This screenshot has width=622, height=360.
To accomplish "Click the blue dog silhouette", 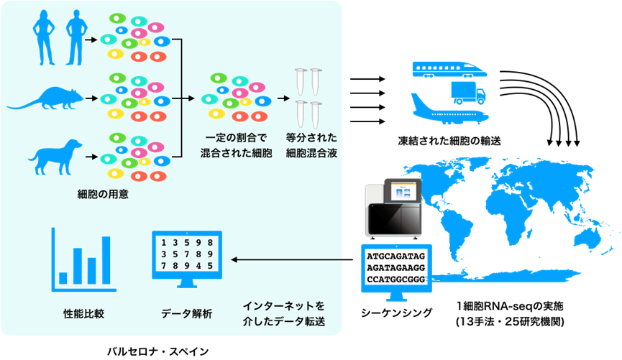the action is pyautogui.click(x=55, y=157).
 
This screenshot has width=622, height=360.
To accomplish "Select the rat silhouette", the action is pyautogui.click(x=45, y=98).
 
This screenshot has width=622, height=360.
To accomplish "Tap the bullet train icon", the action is pyautogui.click(x=450, y=69).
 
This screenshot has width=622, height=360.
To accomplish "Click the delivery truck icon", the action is pyautogui.click(x=468, y=93).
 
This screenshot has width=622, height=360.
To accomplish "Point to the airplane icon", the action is pyautogui.click(x=450, y=109).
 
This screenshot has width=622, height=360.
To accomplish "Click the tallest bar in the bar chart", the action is pyautogui.click(x=106, y=260).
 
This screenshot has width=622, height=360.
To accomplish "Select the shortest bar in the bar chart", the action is pyautogui.click(x=63, y=278).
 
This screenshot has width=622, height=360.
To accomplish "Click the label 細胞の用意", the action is pyautogui.click(x=103, y=194).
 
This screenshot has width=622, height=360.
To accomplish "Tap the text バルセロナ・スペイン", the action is pyautogui.click(x=158, y=351).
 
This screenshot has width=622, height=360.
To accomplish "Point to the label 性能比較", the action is pyautogui.click(x=83, y=313).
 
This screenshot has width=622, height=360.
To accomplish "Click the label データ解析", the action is pyautogui.click(x=186, y=313).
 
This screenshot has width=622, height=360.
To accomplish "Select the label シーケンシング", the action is pyautogui.click(x=396, y=313).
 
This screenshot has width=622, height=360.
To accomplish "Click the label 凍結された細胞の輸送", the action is pyautogui.click(x=449, y=141).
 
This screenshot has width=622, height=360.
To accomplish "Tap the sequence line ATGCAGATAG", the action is pyautogui.click(x=395, y=256).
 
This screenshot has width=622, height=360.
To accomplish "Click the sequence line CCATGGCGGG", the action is pyautogui.click(x=395, y=279).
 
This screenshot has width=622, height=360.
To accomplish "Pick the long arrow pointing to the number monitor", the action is pyautogui.click(x=292, y=259).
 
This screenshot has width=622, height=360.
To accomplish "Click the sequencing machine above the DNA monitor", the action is pyautogui.click(x=393, y=209).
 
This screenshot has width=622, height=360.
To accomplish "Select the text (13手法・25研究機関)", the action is pyautogui.click(x=510, y=321).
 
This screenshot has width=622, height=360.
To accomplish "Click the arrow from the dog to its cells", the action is pyautogui.click(x=91, y=157).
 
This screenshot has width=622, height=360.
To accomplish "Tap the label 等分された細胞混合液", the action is pyautogui.click(x=311, y=145).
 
